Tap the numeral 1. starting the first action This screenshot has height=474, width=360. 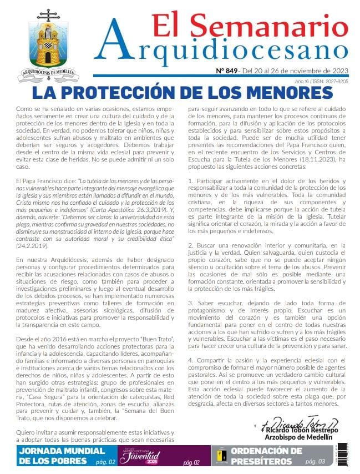coord(191,181)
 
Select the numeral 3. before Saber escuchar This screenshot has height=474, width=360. coord(191,303)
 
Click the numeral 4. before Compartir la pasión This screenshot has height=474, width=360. coord(191,360)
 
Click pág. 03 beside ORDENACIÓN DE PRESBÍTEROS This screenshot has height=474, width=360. coord(315,461)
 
